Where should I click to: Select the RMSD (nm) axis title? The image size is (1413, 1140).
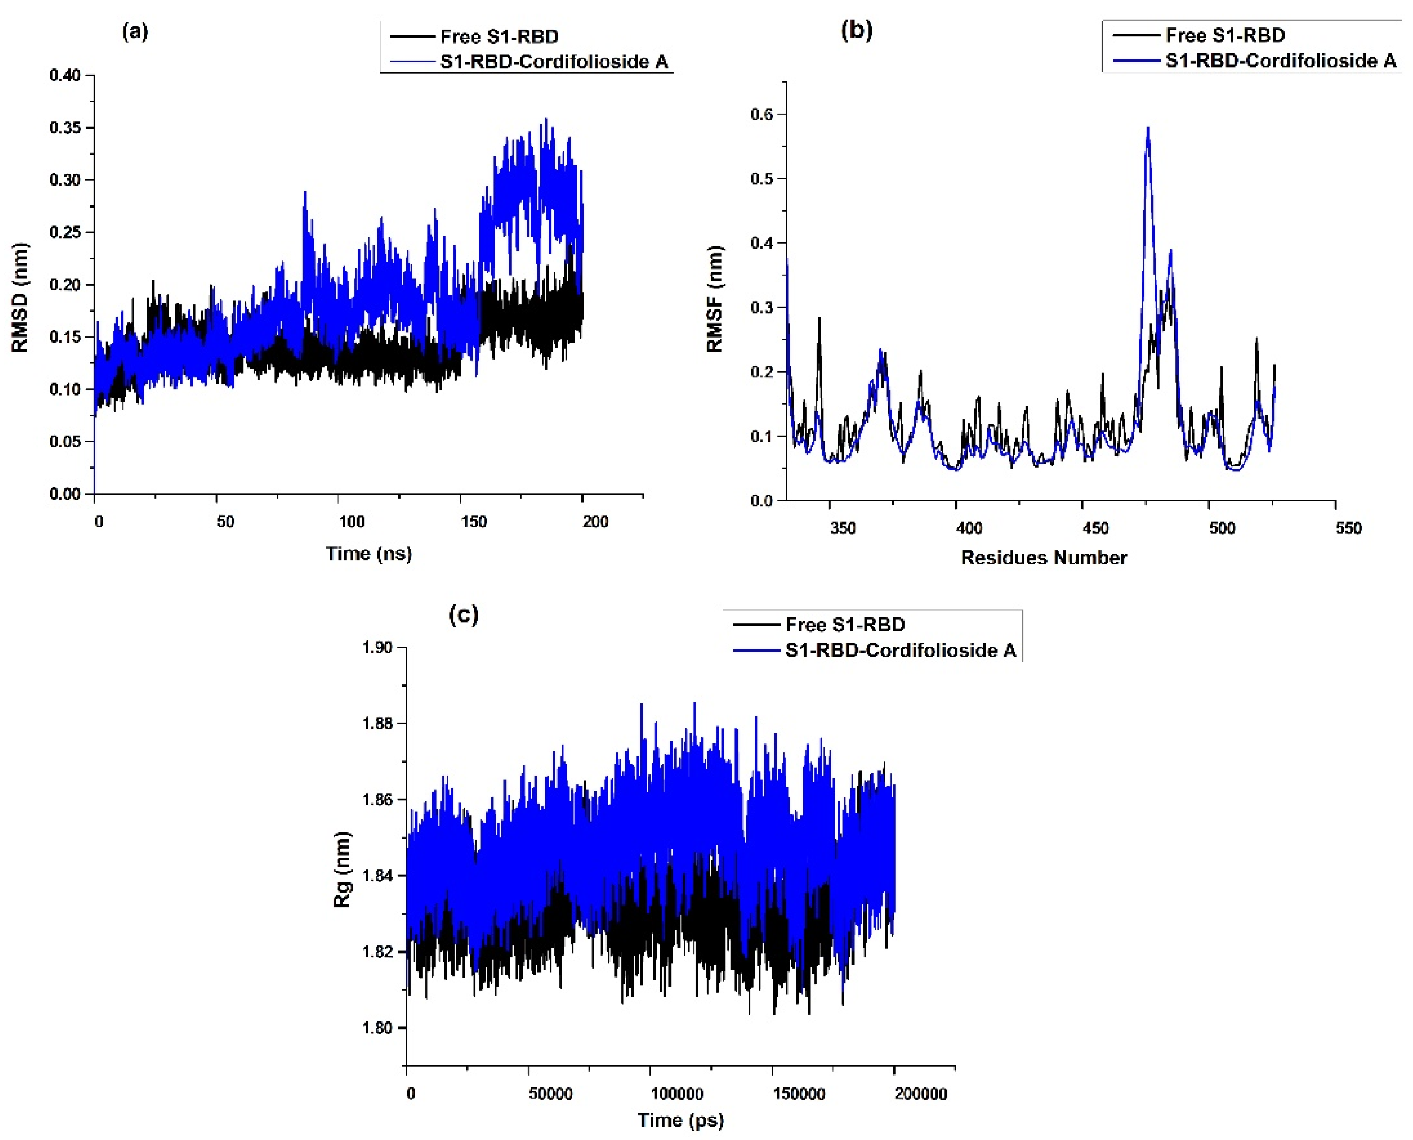(x=20, y=297)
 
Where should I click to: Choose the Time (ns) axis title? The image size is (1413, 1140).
(x=368, y=554)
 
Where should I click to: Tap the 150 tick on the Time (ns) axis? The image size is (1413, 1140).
(x=474, y=521)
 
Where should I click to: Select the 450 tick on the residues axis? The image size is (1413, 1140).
(x=1095, y=528)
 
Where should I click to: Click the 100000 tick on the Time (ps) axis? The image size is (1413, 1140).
(x=677, y=1094)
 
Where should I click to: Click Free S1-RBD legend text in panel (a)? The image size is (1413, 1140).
(x=499, y=37)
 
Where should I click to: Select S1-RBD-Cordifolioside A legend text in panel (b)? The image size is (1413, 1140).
(x=1280, y=61)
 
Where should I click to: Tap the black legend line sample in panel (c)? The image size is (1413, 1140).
(x=756, y=624)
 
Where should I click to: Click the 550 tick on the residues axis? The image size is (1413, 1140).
(x=1348, y=528)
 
